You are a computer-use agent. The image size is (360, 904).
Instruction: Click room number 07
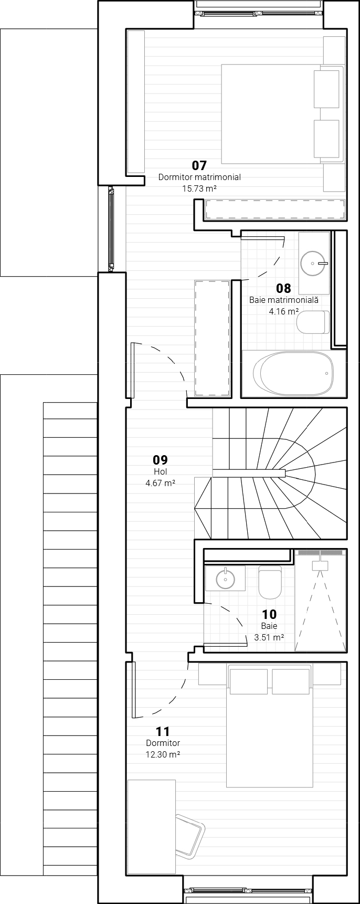(199, 166)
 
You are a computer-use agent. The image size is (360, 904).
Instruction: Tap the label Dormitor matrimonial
(199, 177)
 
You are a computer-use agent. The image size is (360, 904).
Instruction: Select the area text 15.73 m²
(199, 188)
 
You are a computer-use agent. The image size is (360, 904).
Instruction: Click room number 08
(283, 288)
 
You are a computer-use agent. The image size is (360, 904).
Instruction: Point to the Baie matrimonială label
(283, 300)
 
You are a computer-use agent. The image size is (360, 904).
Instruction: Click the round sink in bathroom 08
(313, 262)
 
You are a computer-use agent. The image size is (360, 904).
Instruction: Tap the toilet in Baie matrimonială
(313, 322)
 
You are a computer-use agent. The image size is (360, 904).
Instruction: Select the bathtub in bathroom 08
(293, 373)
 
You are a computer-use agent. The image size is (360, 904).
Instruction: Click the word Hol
(161, 472)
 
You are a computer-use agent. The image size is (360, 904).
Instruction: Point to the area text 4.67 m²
(161, 483)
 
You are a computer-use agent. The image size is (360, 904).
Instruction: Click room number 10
(269, 614)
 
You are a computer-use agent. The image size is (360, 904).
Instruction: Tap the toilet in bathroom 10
(270, 583)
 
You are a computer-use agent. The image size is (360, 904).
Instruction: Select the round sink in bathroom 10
(226, 579)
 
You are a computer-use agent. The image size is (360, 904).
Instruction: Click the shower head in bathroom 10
(320, 565)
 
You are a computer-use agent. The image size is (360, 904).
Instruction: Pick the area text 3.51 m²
(269, 637)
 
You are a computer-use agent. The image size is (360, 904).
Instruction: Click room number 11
(163, 732)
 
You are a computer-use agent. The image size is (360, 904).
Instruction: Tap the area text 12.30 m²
(163, 754)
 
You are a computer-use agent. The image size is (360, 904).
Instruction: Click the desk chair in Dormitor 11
(189, 836)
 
